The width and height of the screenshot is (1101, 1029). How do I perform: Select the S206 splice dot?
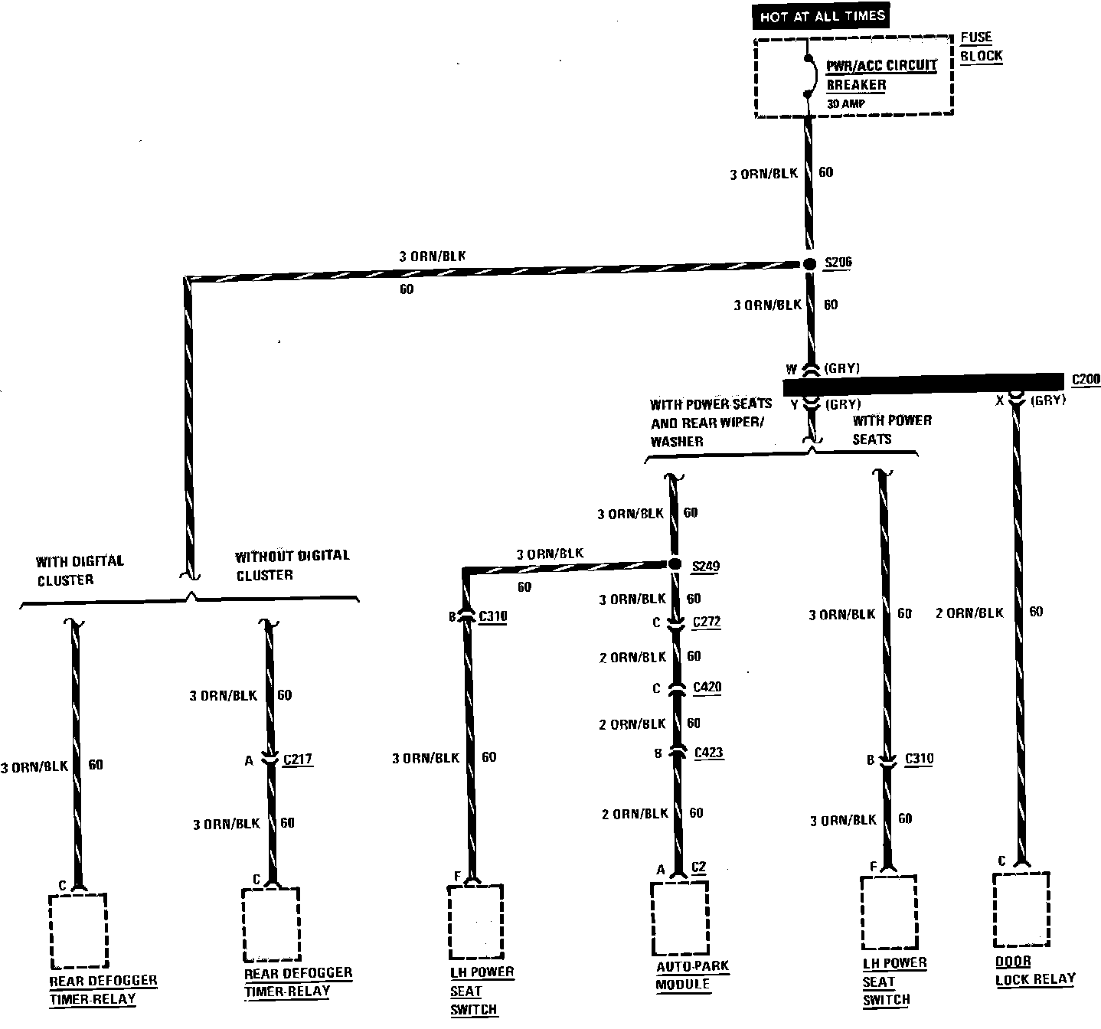809,263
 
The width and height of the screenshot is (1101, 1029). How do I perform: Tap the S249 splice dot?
675,564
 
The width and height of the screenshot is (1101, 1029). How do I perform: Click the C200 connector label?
1086,379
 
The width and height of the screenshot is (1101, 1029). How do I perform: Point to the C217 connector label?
297,759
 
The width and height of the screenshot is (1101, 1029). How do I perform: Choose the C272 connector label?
706,622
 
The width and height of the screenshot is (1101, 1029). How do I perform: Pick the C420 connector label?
707,687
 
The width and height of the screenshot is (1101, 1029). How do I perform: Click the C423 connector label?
708,753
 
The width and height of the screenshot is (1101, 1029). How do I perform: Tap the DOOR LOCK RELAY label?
1034,970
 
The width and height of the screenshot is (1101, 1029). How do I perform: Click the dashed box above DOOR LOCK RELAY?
1021,909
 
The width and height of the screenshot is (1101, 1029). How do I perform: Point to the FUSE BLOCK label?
981,47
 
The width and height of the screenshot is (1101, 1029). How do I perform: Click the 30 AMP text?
845,103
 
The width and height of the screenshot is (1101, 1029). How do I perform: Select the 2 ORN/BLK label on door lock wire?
969,612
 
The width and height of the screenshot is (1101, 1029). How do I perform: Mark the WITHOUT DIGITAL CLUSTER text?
292,565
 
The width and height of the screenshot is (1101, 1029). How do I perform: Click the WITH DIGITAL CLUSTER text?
79,570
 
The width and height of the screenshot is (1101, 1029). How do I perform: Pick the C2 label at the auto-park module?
698,867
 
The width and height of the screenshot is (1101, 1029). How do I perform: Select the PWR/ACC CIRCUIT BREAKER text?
881,75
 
